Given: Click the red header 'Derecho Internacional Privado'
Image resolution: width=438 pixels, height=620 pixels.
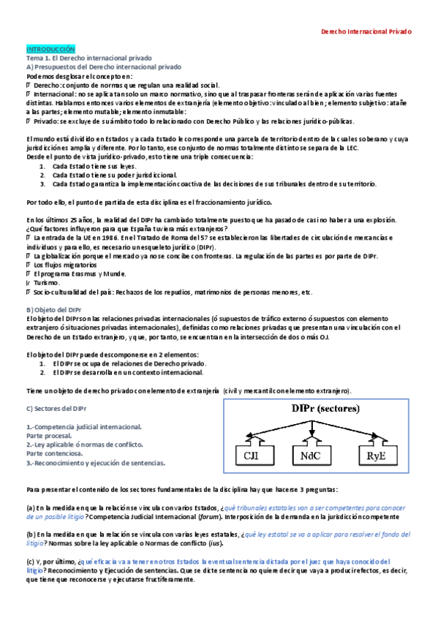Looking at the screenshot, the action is point(367,32).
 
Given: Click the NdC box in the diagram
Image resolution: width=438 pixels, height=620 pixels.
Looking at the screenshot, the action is point(311,458).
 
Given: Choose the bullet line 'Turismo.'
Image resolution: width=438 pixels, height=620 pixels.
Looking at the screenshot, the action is point(48,283).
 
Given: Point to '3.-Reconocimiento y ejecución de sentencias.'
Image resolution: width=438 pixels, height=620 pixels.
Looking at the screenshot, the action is point(96,462).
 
